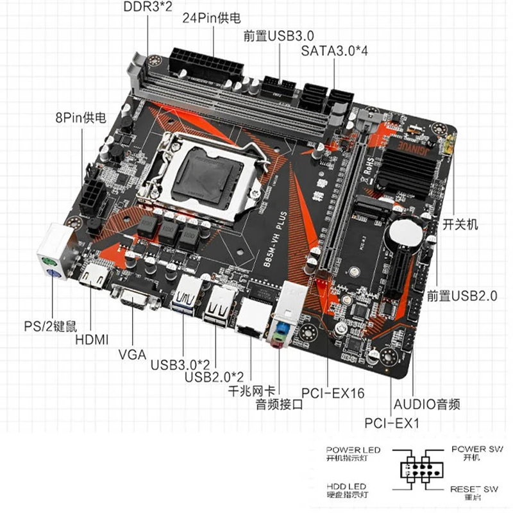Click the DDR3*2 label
(x=147, y=7)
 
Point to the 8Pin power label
(x=81, y=118)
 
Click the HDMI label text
(x=92, y=339)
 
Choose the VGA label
(x=132, y=353)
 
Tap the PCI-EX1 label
(x=391, y=423)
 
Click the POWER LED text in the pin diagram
(x=353, y=450)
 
